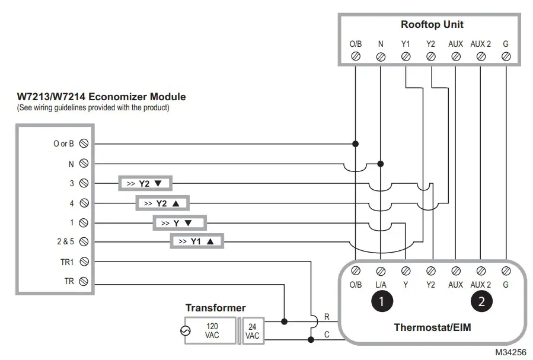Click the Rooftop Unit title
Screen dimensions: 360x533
(x=432, y=25)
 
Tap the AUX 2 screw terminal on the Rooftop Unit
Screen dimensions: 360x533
(x=481, y=57)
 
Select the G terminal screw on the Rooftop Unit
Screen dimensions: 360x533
(x=506, y=57)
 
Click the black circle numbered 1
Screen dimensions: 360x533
(x=381, y=301)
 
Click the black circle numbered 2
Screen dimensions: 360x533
(x=481, y=301)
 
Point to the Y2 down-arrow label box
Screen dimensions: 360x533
(x=144, y=184)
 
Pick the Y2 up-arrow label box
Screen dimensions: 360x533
(x=162, y=203)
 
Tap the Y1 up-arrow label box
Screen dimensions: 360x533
(x=197, y=241)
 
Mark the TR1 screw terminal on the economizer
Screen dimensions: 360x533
(x=84, y=262)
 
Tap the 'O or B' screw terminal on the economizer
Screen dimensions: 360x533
(x=84, y=144)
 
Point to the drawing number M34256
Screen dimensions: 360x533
(x=510, y=352)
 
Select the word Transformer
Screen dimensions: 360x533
(x=215, y=308)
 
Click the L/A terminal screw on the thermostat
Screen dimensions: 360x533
(x=381, y=270)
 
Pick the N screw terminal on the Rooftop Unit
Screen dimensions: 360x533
(x=381, y=57)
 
